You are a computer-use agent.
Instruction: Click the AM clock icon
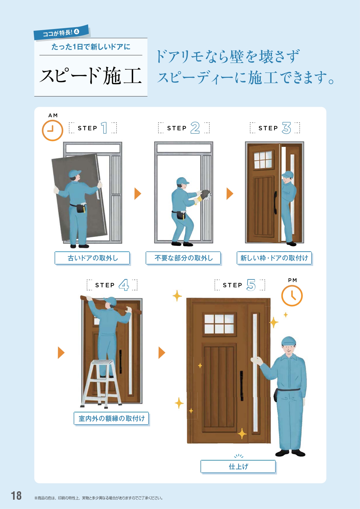pyautogui.click(x=53, y=131)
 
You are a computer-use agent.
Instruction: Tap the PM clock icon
pyautogui.click(x=292, y=296)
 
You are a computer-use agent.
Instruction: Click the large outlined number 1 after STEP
pyautogui.click(x=104, y=128)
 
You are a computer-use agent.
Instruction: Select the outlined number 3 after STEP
pyautogui.click(x=286, y=128)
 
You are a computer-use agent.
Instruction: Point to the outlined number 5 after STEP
pyautogui.click(x=251, y=285)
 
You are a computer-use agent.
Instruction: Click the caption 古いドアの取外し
pyautogui.click(x=93, y=258)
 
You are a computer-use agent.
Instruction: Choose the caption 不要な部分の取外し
pyautogui.click(x=184, y=258)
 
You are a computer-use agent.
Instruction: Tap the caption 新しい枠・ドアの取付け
pyautogui.click(x=274, y=258)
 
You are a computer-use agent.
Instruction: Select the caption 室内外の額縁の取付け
pyautogui.click(x=112, y=418)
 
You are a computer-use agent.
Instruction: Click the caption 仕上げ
pyautogui.click(x=238, y=466)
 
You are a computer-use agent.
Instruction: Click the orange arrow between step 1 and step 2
pyautogui.click(x=138, y=194)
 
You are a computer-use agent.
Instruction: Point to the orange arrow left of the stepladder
pyautogui.click(x=61, y=353)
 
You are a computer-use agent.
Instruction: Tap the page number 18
pyautogui.click(x=16, y=496)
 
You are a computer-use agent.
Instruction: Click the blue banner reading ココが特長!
pyautogui.click(x=61, y=32)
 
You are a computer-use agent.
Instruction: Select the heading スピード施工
pyautogui.click(x=91, y=76)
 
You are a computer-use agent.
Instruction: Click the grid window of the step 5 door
pyautogui.click(x=219, y=324)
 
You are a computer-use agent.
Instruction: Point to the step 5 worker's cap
pyautogui.click(x=289, y=341)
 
